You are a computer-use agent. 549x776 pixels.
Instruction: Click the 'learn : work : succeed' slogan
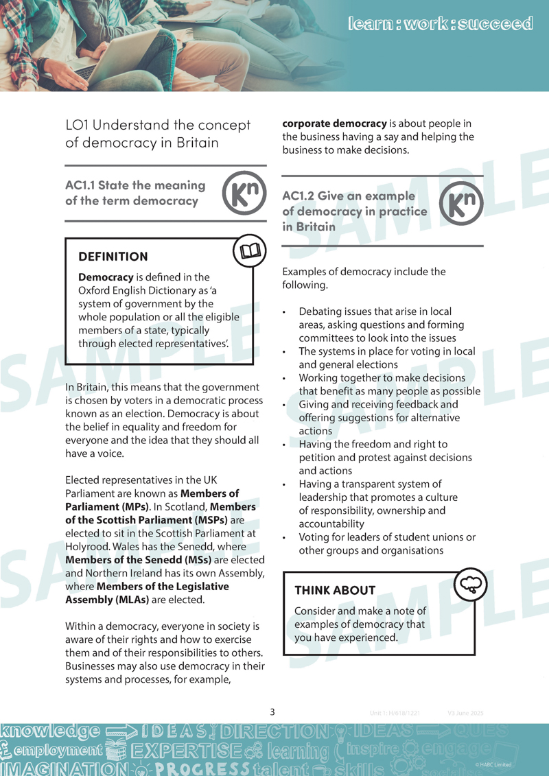[x=441, y=24]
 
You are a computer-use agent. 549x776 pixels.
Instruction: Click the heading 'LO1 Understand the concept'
[x=158, y=125]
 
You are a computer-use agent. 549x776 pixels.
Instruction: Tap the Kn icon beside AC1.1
[x=244, y=194]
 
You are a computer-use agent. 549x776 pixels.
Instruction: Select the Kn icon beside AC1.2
[x=460, y=203]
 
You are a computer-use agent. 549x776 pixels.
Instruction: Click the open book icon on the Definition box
[x=250, y=252]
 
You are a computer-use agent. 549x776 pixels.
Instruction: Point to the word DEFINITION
[x=113, y=257]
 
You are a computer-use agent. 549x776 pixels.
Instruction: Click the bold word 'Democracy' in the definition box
[x=106, y=278]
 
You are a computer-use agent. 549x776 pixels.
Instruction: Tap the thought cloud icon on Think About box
[x=472, y=584]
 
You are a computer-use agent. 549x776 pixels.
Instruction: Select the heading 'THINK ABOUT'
[x=335, y=590]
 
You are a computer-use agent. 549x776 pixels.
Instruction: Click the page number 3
[x=272, y=712]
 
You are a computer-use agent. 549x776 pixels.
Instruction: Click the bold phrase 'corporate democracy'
[x=335, y=124]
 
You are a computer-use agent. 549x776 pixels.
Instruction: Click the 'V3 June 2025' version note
[x=470, y=713]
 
